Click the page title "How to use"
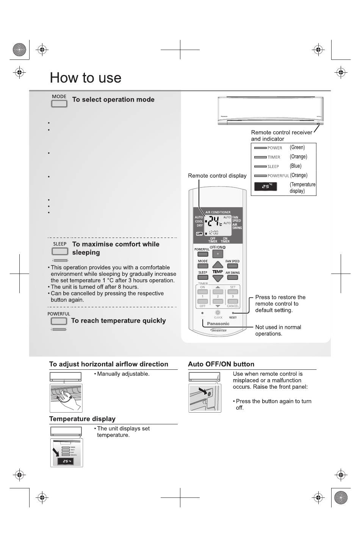pos(86,78)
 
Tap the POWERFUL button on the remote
pos(202,255)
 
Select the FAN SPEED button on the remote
pos(232,266)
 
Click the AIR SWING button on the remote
pos(232,278)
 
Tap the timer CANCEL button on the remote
pos(233,302)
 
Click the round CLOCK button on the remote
pos(218,313)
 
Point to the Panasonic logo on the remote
pos(218,324)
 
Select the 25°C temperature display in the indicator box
pos(266,186)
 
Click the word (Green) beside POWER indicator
pos(297,147)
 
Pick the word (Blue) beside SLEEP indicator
pos(296,166)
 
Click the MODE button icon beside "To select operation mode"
pos(59,103)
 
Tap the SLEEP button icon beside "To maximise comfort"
pos(60,251)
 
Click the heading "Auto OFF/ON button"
pos(221,364)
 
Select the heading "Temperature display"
pos(82,419)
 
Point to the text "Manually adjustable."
pos(123,374)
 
